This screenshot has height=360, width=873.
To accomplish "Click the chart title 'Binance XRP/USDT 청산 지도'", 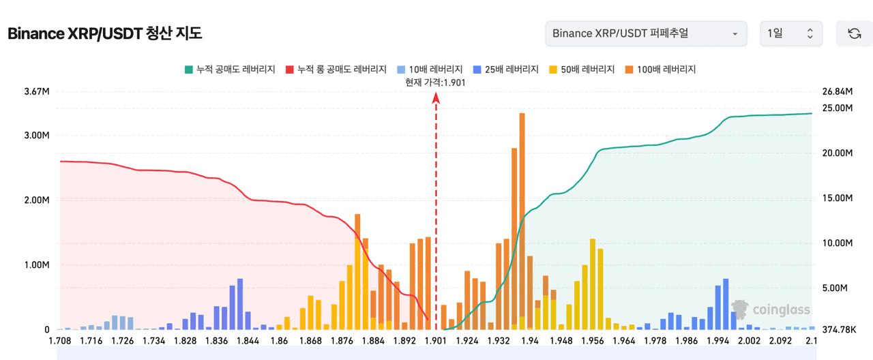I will click(x=104, y=33).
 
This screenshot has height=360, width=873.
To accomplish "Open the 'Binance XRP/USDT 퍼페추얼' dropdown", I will click(x=646, y=33).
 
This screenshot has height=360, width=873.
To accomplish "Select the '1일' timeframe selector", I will click(x=791, y=33).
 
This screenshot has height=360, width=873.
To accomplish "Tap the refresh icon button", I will click(x=854, y=33).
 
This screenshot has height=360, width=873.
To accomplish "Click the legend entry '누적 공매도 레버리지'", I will click(x=229, y=70).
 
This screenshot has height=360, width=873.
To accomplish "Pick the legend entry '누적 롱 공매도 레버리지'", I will click(x=336, y=70).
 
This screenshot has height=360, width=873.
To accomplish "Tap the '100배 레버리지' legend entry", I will click(x=660, y=70).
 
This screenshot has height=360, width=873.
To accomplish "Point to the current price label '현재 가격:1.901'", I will click(x=435, y=82).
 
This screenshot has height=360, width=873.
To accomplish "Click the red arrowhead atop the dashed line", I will click(x=436, y=97).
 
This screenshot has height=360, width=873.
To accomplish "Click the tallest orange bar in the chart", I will click(x=522, y=218).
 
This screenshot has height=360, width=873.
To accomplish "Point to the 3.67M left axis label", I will click(x=37, y=92).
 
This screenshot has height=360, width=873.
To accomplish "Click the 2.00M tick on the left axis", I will click(x=37, y=200).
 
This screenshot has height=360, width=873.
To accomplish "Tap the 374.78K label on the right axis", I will click(x=839, y=330).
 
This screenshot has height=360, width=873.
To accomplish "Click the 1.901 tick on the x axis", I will click(x=436, y=340).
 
